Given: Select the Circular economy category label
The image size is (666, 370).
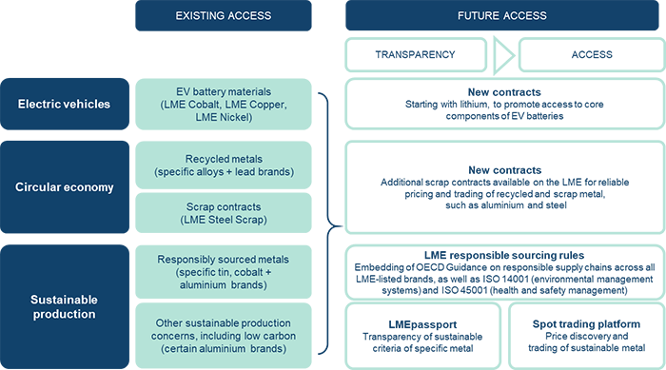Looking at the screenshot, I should [63, 186].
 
